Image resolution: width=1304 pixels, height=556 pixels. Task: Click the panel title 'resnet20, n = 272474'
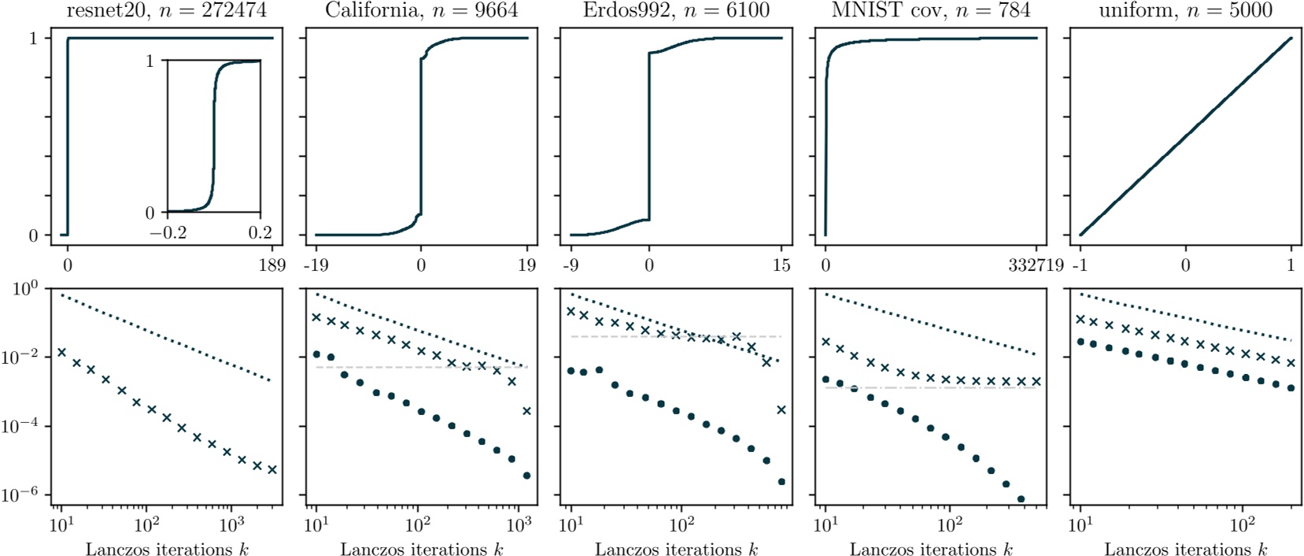click(166, 10)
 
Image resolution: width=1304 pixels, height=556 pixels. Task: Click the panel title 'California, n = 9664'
click(422, 10)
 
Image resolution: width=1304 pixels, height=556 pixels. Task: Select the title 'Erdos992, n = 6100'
click(676, 10)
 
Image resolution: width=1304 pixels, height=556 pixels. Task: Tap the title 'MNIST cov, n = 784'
click(930, 10)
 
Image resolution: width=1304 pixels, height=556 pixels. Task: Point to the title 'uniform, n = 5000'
click(1185, 10)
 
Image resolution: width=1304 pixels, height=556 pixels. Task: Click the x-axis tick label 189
click(272, 265)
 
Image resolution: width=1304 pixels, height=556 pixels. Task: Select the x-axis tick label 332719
click(1036, 265)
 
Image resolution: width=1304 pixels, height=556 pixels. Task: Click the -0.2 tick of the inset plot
click(168, 232)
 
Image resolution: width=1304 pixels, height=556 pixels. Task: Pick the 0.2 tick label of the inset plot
click(260, 232)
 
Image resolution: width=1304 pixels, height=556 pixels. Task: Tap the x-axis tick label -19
click(316, 265)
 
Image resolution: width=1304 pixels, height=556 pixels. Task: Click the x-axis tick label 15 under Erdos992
click(781, 265)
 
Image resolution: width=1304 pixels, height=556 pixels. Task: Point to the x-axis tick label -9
click(570, 265)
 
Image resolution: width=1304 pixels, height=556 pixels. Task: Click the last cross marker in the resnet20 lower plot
click(272, 470)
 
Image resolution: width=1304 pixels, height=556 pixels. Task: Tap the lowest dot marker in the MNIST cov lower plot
click(1021, 499)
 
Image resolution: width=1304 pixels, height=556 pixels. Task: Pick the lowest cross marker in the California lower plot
click(526, 411)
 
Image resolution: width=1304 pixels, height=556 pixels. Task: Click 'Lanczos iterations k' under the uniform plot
click(1185, 549)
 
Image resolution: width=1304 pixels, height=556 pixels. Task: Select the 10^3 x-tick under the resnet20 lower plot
click(231, 525)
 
